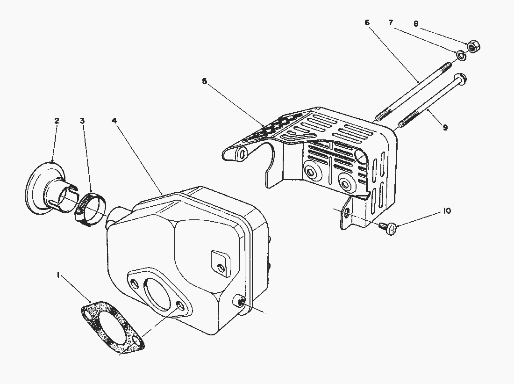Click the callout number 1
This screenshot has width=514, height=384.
click(58, 276)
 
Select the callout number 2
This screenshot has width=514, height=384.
click(57, 121)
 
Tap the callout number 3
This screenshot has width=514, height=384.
click(82, 121)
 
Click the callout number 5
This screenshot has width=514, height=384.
click(204, 81)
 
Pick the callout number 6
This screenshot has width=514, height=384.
click(367, 22)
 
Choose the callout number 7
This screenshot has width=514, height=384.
click(391, 22)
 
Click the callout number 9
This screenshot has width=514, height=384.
click(445, 127)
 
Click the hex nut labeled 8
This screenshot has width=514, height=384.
click(472, 46)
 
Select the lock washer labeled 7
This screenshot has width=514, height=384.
click(461, 56)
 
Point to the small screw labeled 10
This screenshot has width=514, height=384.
click(387, 228)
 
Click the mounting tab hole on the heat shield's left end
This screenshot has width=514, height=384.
click(242, 153)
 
